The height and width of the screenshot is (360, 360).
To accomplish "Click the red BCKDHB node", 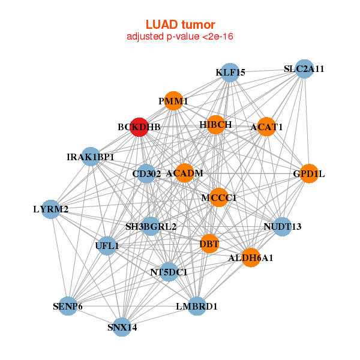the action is tap(139, 127).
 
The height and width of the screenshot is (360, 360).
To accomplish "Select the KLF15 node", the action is tap(230, 73).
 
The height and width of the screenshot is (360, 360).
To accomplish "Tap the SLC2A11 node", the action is tap(304, 69).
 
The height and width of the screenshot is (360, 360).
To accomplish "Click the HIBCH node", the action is tap(215, 125).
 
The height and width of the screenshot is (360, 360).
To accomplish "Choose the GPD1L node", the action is tap(308, 173).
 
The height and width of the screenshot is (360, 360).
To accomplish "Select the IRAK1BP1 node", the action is tap(91, 157).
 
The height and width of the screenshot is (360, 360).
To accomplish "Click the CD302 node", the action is tap(146, 174).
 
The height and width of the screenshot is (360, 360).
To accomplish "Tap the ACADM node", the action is tap(184, 173).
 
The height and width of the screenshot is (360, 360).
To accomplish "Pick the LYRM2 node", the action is tap(51, 209).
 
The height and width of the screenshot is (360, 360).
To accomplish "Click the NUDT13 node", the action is tap(282, 226).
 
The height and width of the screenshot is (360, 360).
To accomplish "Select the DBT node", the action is tap(209, 244).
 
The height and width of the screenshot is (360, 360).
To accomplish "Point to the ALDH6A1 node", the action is tap(251, 257).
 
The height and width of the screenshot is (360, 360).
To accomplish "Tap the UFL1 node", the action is tap(107, 245).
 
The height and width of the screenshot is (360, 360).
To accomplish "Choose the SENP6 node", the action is tap(68, 306).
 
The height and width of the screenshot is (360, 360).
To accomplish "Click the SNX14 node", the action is tap(122, 327).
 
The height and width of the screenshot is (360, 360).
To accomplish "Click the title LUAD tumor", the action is tap(180, 25).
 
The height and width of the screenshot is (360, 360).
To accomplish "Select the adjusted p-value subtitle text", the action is tap(180, 37).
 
